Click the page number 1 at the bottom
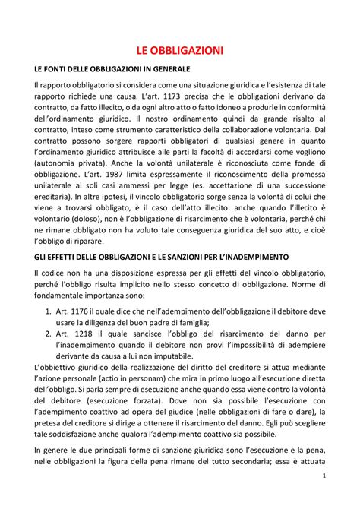coord(324,497)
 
